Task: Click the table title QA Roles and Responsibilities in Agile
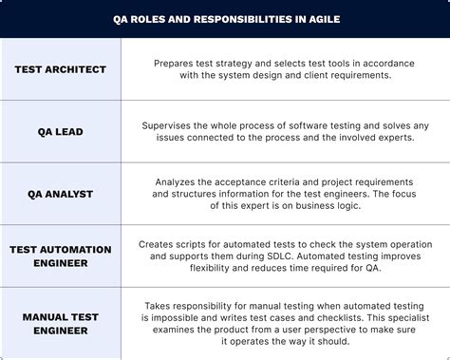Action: click(224, 19)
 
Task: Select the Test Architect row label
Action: click(61, 69)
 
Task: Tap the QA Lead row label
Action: click(61, 131)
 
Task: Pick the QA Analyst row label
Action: click(61, 193)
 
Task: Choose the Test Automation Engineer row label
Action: click(61, 256)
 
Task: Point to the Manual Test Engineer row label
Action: click(61, 323)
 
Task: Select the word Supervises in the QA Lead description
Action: click(174, 124)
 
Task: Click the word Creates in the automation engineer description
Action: click(160, 244)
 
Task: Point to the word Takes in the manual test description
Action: click(160, 305)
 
